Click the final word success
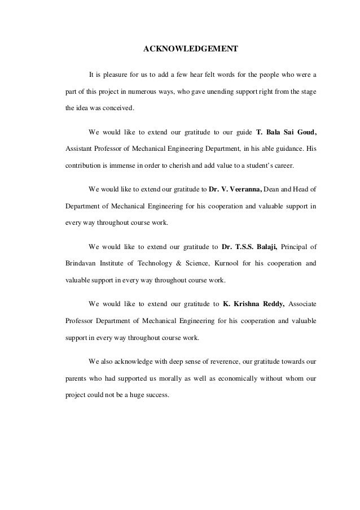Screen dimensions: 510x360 156,395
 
